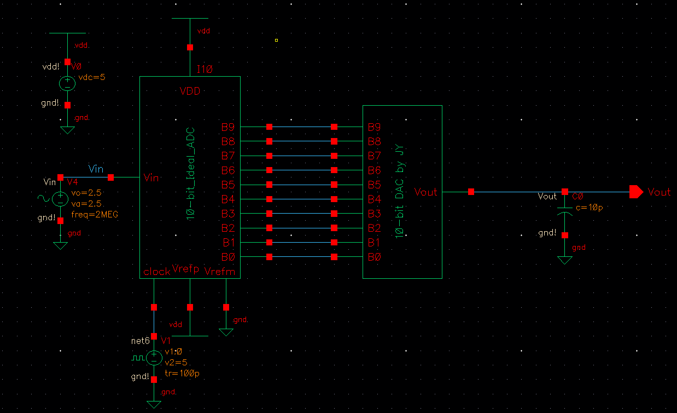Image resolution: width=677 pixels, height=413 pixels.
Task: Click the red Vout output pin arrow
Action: (636, 192)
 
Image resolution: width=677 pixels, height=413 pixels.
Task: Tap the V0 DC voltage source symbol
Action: (67, 83)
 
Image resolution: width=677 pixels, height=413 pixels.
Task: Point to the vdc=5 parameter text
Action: (92, 77)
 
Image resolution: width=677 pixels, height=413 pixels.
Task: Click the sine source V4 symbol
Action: (60, 199)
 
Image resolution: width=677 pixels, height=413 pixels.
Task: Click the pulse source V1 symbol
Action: (154, 358)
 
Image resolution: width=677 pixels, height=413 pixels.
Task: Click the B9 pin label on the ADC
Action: (228, 127)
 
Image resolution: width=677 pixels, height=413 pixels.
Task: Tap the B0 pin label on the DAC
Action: (374, 257)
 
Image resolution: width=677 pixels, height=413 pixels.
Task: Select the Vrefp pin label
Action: (185, 268)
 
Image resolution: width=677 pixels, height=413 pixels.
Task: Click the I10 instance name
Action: (205, 70)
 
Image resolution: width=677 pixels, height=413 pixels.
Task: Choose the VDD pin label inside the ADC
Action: (190, 91)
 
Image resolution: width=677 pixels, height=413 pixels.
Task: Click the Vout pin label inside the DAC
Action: (426, 192)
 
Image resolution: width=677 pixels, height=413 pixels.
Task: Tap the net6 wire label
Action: (141, 341)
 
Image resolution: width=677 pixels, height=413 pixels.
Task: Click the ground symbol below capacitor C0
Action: (565, 259)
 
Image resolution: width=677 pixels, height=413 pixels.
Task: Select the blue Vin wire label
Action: (96, 169)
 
